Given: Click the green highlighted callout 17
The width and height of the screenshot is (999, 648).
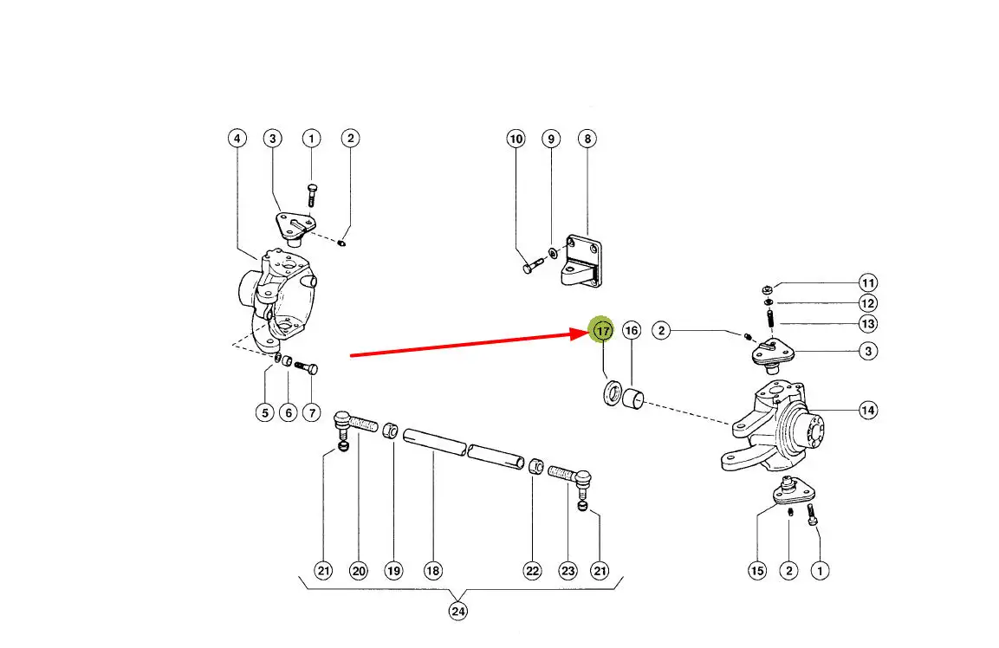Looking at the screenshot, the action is [x=602, y=330].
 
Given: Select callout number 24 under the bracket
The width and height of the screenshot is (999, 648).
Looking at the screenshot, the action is [x=458, y=612].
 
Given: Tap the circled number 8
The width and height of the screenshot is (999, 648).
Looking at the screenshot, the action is [x=587, y=139].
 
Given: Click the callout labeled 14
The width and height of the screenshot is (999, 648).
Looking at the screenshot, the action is [x=868, y=411].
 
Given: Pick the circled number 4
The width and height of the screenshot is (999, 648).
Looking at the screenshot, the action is [x=237, y=139].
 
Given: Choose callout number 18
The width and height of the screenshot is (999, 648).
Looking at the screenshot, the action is [x=432, y=571].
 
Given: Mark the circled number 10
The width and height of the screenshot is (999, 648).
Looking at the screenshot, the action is [x=516, y=139].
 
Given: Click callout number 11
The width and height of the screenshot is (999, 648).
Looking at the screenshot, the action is [x=868, y=283].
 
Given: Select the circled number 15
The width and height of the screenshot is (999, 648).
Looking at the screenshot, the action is [x=757, y=571].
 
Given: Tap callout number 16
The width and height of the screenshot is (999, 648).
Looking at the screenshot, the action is [x=632, y=330].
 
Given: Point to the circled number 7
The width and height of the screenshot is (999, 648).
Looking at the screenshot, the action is [x=312, y=413].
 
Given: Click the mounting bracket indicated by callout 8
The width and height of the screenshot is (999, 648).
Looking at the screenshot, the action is [x=581, y=262].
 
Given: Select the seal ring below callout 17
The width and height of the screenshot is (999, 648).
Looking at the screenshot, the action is [x=613, y=392].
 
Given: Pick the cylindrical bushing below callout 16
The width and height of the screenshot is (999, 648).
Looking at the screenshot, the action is [x=632, y=399].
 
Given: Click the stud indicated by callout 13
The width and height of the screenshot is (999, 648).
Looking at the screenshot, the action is [x=770, y=317].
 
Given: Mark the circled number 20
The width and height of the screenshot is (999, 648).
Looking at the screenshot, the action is [x=359, y=571].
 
